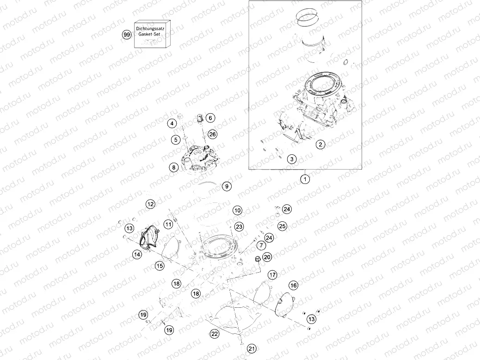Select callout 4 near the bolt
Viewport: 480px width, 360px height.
point(172,123)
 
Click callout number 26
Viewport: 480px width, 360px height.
point(212,134)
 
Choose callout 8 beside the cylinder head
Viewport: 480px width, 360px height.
point(173,168)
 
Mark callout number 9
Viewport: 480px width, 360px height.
point(226,186)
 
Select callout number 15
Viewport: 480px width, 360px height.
point(159,266)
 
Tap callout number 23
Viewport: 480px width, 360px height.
point(239,226)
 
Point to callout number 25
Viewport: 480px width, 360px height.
point(282,226)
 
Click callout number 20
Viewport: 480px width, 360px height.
point(267,257)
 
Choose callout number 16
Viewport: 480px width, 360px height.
point(293,285)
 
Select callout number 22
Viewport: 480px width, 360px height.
point(214,333)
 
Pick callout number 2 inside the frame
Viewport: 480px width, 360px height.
point(320,144)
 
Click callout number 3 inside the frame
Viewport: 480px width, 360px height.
point(291,159)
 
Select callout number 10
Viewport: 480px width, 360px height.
point(237,210)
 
